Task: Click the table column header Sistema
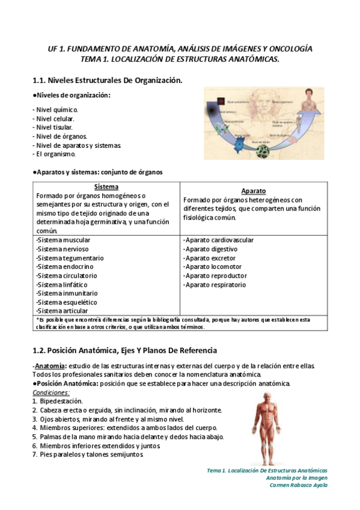pos(106,187)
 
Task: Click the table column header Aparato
pos(254,191)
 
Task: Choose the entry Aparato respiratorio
pos(215,284)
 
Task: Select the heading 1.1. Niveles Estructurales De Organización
pos(106,80)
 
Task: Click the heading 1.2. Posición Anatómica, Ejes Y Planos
pos(124,350)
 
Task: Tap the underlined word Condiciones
pos(51,392)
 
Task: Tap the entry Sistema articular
pos(62,311)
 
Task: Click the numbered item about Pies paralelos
pos(88,455)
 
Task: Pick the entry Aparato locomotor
pos(213,266)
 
